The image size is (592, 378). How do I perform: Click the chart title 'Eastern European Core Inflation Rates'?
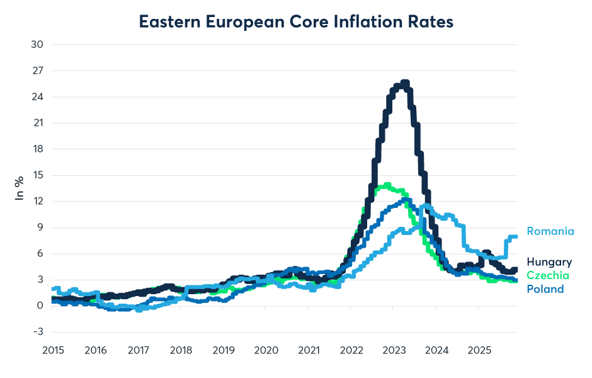pyautogui.click(x=296, y=22)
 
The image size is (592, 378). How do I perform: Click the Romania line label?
pyautogui.click(x=550, y=231)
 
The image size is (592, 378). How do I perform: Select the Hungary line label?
pyautogui.click(x=549, y=262)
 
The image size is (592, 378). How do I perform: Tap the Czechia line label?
pyautogui.click(x=547, y=276)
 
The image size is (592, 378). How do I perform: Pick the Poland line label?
pyautogui.click(x=545, y=289)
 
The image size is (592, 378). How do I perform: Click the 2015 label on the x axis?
pyautogui.click(x=52, y=348)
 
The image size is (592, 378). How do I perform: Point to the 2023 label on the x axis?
pyautogui.click(x=392, y=348)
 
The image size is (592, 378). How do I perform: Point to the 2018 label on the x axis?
pyautogui.click(x=180, y=348)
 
